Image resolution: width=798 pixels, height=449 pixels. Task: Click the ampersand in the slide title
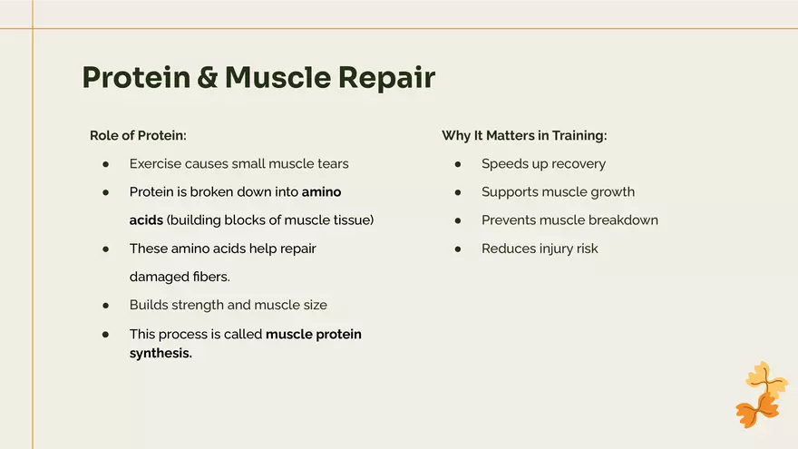coord(208,78)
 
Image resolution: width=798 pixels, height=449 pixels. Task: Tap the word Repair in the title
coord(386,78)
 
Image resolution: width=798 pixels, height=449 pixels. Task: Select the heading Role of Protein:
coord(138,135)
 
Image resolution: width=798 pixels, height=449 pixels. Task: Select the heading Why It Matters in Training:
coord(524,135)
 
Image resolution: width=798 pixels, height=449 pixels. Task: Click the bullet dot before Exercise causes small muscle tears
coord(106,164)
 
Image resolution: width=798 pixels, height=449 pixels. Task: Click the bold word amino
coord(321,192)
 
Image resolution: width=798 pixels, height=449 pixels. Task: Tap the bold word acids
coord(146,220)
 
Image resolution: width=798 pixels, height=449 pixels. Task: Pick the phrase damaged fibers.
coord(180,277)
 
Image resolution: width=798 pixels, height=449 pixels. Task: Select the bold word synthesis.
coord(161,354)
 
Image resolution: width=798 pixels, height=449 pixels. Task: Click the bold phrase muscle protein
coord(314,334)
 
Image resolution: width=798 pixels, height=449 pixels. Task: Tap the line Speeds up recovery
coord(543,164)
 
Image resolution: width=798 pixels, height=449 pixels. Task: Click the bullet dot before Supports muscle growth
coord(458,192)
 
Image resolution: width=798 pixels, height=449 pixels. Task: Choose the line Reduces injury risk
coord(540,249)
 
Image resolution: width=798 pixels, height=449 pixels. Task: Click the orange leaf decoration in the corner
coord(761,395)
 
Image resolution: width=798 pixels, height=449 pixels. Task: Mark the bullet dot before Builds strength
coord(106,305)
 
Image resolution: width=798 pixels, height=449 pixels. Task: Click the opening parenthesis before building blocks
coord(170,220)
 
